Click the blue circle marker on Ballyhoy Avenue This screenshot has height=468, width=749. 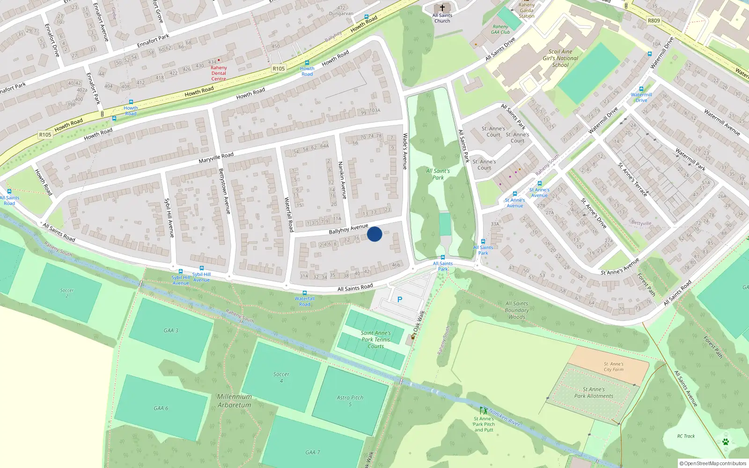coord(374,234)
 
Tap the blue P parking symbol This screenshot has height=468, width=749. coord(399,300)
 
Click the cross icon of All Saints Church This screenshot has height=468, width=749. coord(442,8)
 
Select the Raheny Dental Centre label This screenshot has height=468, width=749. coord(219,73)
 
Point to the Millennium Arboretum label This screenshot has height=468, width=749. coord(235,401)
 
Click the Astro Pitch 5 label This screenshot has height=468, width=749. coord(350,400)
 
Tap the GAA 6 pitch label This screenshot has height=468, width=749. coord(161,408)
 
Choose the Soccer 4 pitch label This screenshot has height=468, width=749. coord(281,377)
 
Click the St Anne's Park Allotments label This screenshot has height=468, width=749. coord(594,393)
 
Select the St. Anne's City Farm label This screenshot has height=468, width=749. coord(613,366)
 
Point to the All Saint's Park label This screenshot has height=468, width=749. coord(438,174)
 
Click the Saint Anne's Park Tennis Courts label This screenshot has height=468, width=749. coord(375,339)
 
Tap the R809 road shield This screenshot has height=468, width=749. coord(654,21)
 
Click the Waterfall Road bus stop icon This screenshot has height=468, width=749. coord(305,293)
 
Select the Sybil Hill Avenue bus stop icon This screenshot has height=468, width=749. coord(180,271)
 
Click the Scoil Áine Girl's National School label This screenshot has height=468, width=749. coord(560,58)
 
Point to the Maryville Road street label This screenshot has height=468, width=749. coord(216,158)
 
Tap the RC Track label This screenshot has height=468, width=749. coord(686,436)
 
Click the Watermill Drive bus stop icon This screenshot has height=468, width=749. coord(641,89)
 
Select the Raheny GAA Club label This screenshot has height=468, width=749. coord(500,29)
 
